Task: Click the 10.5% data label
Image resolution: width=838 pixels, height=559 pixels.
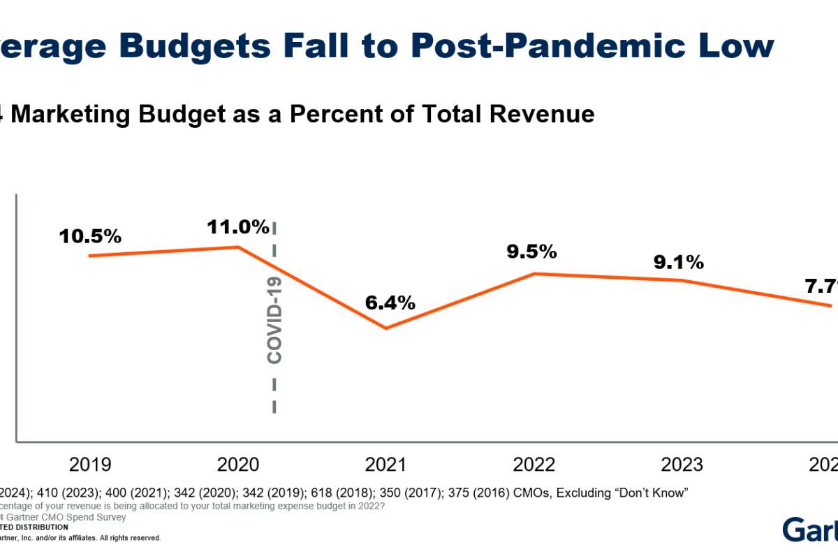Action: [90, 236]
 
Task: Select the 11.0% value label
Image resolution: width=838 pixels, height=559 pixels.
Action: [237, 226]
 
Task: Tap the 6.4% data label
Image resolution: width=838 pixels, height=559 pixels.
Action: [390, 303]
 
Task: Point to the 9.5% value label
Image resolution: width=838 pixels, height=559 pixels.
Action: [532, 252]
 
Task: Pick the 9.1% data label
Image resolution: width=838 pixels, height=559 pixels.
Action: [679, 262]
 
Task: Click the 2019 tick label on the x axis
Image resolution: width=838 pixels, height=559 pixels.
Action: [90, 465]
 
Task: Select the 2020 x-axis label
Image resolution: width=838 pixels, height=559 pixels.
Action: [237, 465]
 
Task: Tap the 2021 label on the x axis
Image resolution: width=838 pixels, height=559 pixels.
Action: [386, 465]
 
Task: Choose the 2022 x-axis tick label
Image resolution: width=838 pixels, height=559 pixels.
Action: [534, 465]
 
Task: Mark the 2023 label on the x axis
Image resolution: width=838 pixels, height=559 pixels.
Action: [681, 465]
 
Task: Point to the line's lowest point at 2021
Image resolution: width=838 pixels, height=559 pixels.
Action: [385, 328]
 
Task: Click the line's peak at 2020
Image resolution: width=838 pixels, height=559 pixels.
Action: [239, 247]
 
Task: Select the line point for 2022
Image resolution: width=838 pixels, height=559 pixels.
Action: [534, 273]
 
